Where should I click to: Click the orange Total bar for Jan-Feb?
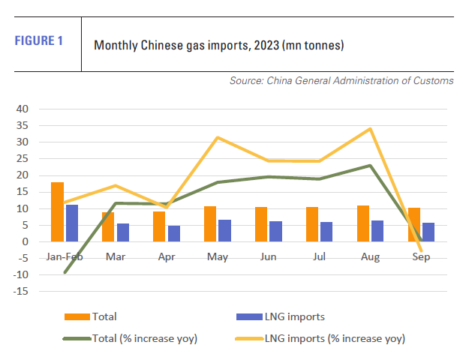[x=57, y=211]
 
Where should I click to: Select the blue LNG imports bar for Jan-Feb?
[x=71, y=223]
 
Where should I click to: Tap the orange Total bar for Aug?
[x=363, y=223]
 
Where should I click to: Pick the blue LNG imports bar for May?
[x=224, y=230]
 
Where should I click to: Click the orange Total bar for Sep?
[x=414, y=224]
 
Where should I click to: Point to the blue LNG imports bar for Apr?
[x=173, y=233]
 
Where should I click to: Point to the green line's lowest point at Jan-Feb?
[x=65, y=272]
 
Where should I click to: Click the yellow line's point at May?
[x=218, y=137]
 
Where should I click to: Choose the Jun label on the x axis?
[x=268, y=256]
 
